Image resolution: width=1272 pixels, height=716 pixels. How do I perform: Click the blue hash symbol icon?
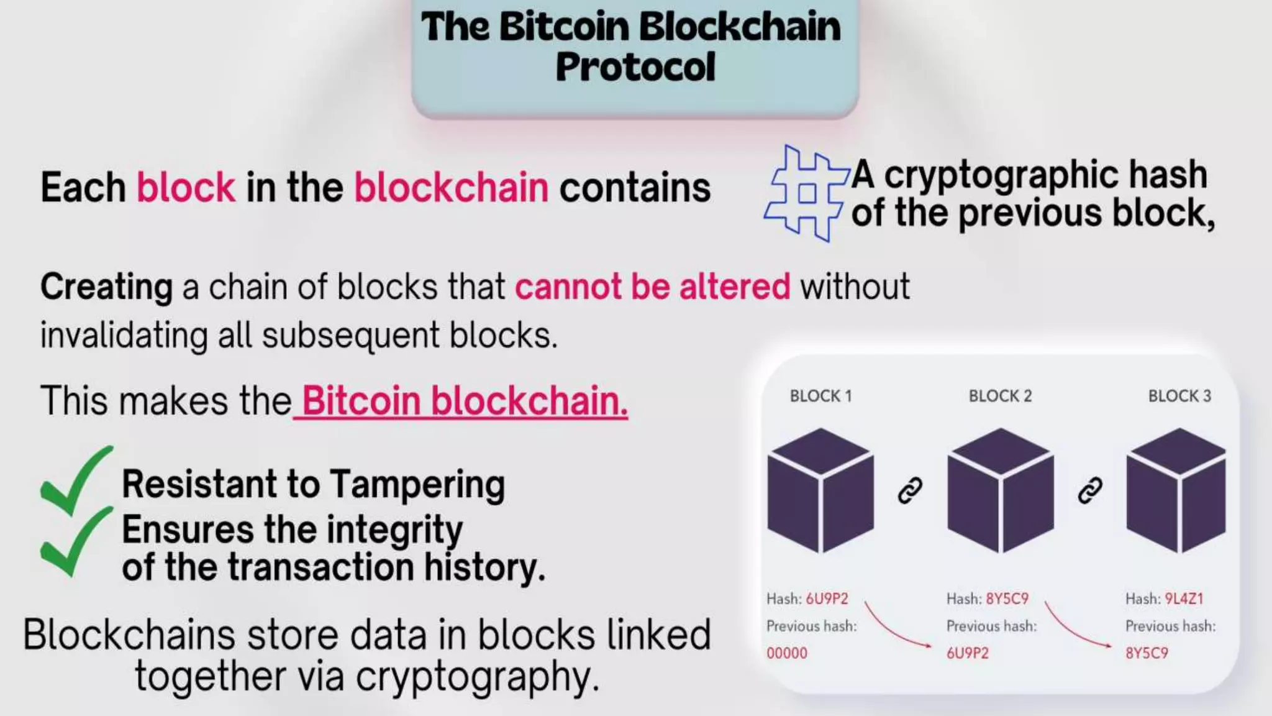pos(806,193)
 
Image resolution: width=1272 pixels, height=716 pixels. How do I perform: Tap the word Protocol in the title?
pos(635,67)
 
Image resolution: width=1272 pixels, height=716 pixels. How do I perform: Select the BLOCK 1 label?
pos(820,396)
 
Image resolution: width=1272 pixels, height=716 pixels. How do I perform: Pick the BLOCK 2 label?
pos(1000,396)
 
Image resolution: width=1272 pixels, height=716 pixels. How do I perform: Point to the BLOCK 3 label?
pos(1179,396)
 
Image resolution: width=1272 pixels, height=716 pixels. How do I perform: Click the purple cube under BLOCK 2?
pos(1000,490)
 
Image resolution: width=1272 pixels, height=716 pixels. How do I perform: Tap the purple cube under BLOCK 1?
pos(820,490)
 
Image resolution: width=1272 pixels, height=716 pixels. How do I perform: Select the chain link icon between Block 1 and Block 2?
pos(911,490)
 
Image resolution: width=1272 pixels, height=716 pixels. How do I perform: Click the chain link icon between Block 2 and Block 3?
pos(1090,490)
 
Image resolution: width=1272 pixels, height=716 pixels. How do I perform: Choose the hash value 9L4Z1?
pos(1183,599)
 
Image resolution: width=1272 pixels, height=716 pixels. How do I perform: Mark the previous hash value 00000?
pos(787,653)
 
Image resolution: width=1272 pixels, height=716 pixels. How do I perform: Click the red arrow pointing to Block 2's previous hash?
pos(896,625)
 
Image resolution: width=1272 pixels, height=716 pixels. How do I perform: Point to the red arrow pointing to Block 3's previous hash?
pos(1076,625)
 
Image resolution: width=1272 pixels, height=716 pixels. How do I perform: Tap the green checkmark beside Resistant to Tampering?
pos(76,480)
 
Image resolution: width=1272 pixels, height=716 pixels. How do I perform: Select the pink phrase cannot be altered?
pos(652,287)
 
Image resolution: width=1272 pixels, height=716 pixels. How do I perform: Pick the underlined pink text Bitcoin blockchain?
pos(465,401)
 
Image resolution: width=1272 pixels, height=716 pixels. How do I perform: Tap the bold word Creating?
pos(106,287)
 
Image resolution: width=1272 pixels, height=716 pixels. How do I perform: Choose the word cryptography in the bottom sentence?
pos(477,677)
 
